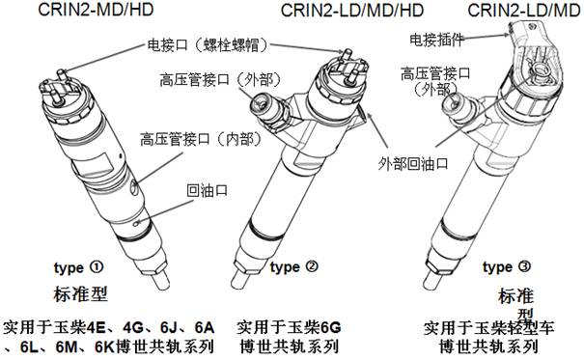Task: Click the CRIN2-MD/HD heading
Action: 96,10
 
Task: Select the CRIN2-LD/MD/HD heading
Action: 352,10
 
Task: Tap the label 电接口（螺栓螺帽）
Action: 208,45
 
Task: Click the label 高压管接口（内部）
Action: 201,139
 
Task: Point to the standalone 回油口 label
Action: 208,190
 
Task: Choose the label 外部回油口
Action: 413,163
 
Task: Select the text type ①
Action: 78,267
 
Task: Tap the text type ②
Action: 294,267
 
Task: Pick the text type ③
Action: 507,267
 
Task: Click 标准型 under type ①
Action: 81,293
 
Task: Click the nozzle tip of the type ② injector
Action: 237,280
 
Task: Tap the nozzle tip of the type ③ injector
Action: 431,280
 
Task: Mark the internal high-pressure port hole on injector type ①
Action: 134,186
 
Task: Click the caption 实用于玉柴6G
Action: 289,327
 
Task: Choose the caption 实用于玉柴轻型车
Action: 489,327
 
